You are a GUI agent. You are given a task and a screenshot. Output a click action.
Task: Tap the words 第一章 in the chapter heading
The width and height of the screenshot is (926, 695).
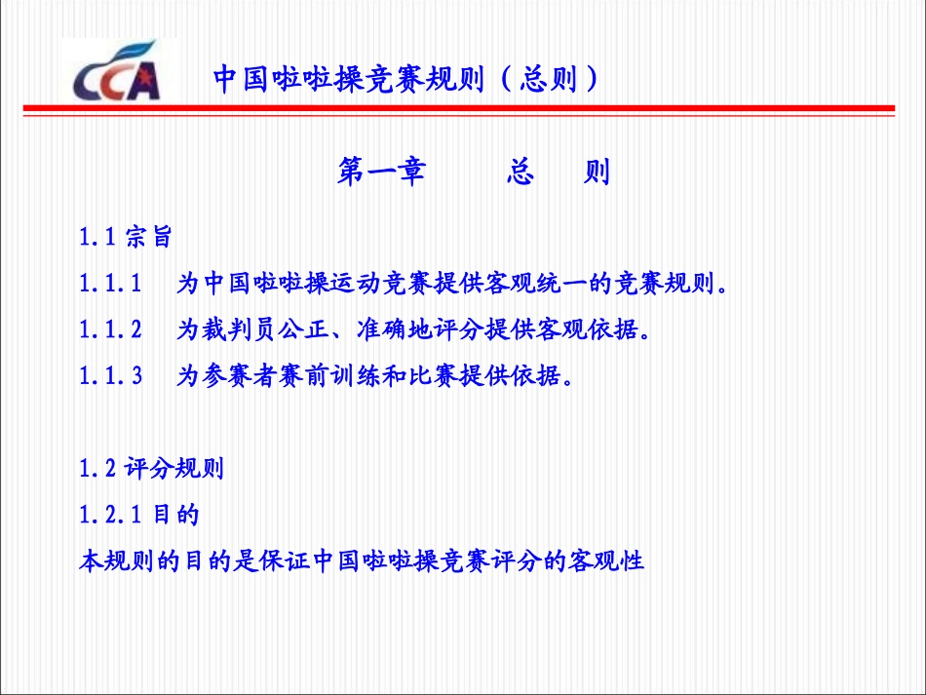(x=381, y=173)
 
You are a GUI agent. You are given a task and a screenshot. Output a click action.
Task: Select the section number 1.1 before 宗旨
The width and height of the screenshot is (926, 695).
(x=97, y=236)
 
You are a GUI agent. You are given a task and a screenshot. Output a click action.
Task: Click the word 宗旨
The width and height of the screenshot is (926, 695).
(x=148, y=236)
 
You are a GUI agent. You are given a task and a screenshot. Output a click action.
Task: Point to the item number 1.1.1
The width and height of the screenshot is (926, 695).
(x=110, y=284)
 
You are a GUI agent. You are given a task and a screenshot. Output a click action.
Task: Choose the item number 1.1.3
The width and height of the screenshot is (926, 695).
(x=110, y=376)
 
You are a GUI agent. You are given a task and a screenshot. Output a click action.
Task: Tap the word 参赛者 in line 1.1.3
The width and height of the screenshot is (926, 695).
(x=237, y=376)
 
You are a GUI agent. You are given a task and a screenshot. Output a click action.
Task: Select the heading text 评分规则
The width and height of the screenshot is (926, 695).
(x=175, y=469)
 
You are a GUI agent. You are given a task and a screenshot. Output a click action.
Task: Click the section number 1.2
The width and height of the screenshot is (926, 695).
(x=97, y=469)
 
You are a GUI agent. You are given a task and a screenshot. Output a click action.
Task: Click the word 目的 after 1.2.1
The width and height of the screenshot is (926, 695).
(x=176, y=515)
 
